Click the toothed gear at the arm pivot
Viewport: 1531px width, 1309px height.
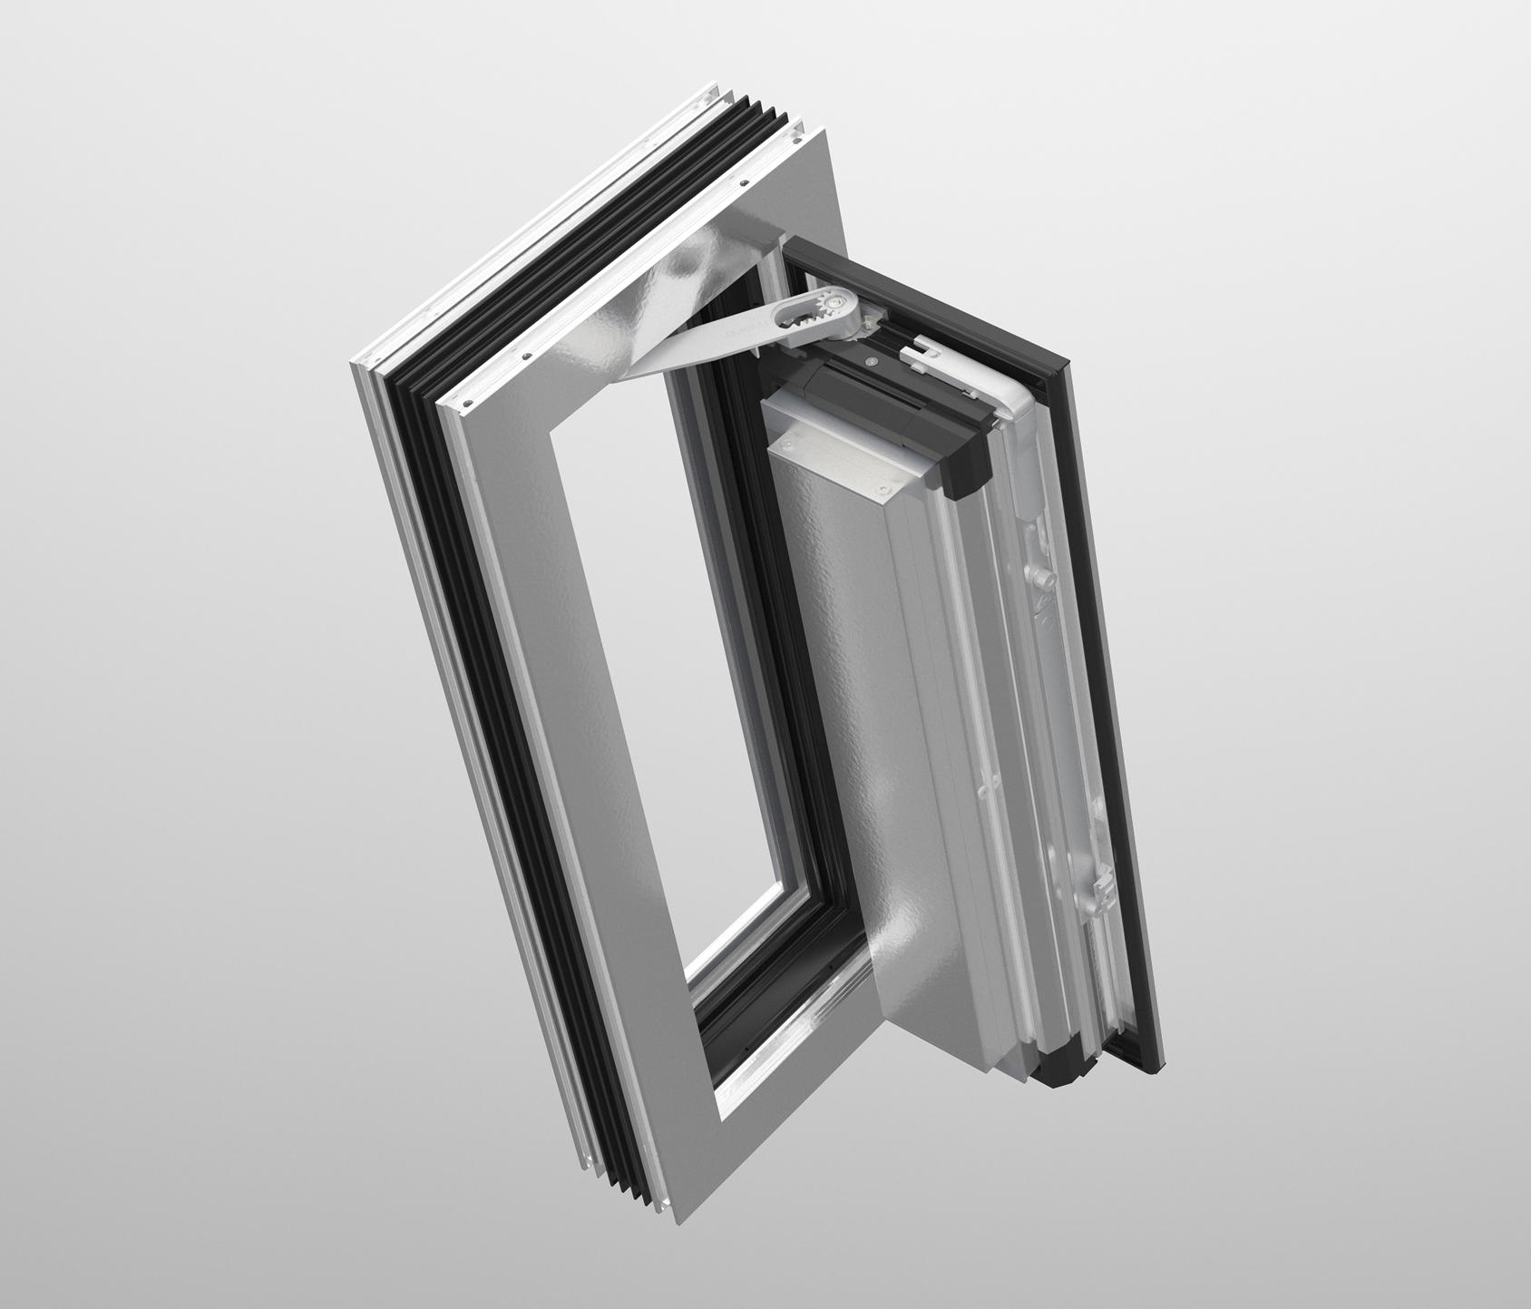click(x=834, y=302)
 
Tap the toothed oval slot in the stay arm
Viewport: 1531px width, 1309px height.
click(x=803, y=314)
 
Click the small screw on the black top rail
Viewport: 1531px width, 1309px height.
click(x=871, y=361)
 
